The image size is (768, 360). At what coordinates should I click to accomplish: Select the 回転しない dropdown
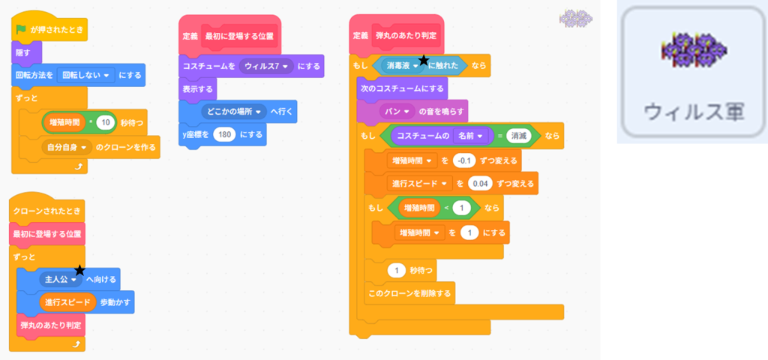point(85,75)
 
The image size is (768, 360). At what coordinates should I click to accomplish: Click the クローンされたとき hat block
point(46,210)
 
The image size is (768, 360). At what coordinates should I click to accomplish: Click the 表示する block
point(198,89)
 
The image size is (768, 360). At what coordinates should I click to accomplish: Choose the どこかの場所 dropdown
point(235,112)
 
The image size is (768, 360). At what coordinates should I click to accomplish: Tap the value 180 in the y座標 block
point(223,134)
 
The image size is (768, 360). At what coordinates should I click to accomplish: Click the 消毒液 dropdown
point(402,66)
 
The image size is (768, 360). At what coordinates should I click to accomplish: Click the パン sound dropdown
point(400,112)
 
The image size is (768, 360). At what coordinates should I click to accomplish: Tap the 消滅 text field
point(518,136)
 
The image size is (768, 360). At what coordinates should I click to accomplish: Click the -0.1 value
point(465,160)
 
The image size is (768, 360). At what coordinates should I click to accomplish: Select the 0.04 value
point(480,183)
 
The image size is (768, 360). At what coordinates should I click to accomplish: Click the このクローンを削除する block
point(409,292)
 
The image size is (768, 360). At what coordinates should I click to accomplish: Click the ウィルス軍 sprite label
point(693,112)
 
